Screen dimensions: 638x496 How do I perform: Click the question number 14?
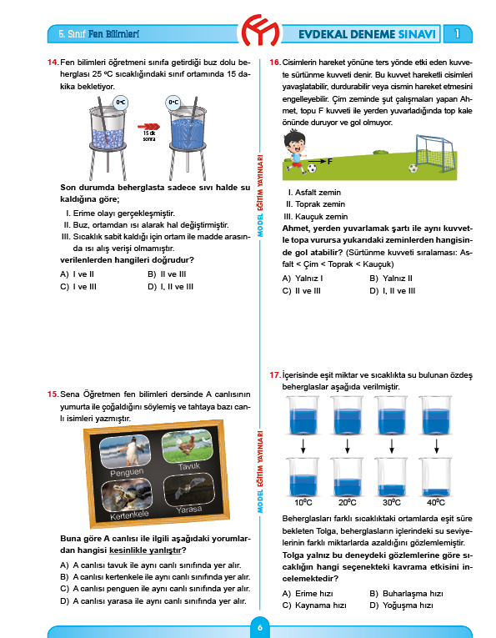53,63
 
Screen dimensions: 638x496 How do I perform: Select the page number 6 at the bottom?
259,628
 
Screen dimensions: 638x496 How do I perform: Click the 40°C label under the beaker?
436,504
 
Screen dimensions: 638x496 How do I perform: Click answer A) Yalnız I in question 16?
303,278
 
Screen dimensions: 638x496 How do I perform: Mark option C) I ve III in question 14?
76,286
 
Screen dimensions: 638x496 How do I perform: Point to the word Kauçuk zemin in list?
318,216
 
